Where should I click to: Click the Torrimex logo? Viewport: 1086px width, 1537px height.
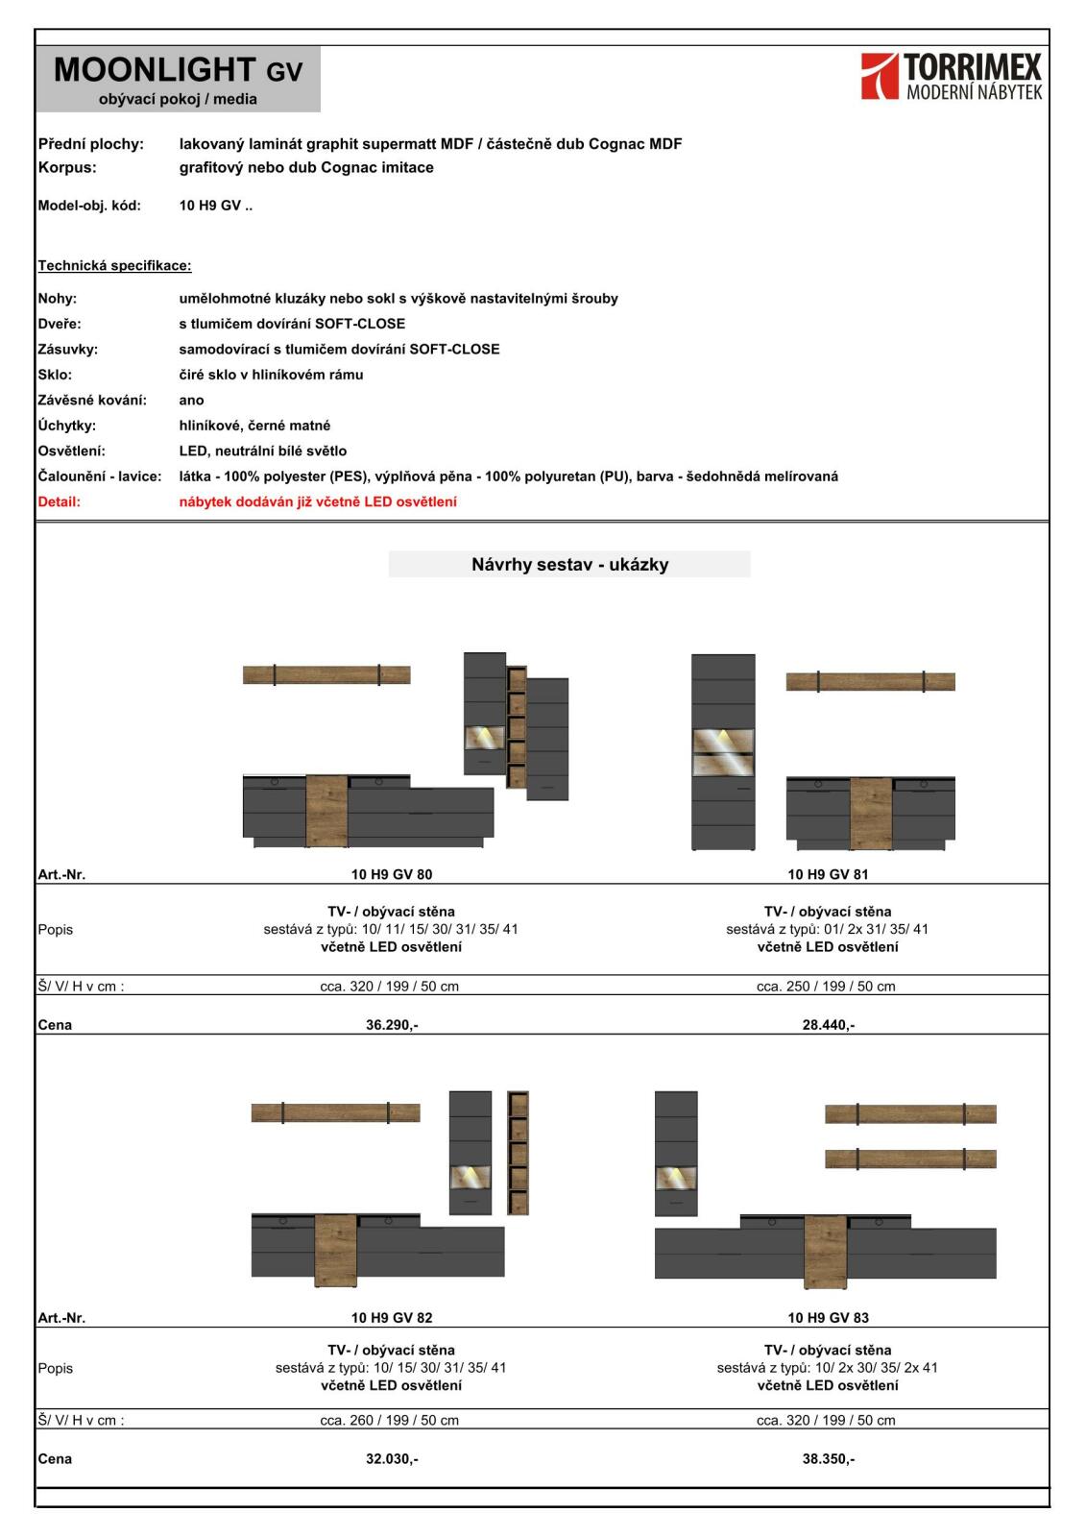[951, 77]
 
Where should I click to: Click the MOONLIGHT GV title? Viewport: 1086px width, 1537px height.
[178, 70]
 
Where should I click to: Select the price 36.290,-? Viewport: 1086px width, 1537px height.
[392, 1025]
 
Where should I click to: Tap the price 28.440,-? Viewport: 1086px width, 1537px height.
[828, 1025]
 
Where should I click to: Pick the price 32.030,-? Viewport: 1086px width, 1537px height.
[392, 1459]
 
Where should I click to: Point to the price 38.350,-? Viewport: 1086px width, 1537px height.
[828, 1459]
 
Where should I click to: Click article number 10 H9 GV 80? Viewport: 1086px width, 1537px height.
[392, 874]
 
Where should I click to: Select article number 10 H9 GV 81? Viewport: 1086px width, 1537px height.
[828, 874]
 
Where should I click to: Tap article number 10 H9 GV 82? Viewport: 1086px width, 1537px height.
[392, 1318]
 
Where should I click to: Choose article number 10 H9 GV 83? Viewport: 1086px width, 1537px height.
[828, 1318]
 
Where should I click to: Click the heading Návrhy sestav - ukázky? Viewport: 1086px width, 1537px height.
[569, 564]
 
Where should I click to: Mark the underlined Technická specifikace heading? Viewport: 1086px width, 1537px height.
[114, 265]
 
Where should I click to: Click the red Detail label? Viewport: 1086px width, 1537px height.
[60, 501]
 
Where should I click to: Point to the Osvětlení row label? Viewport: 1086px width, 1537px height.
[71, 451]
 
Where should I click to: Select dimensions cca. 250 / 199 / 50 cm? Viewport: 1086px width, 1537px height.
[826, 987]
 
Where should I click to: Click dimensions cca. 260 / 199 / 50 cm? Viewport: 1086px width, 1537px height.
[389, 1420]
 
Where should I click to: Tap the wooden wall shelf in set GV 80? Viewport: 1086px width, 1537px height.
[326, 675]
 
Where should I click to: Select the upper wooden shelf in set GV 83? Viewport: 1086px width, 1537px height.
[910, 1114]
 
